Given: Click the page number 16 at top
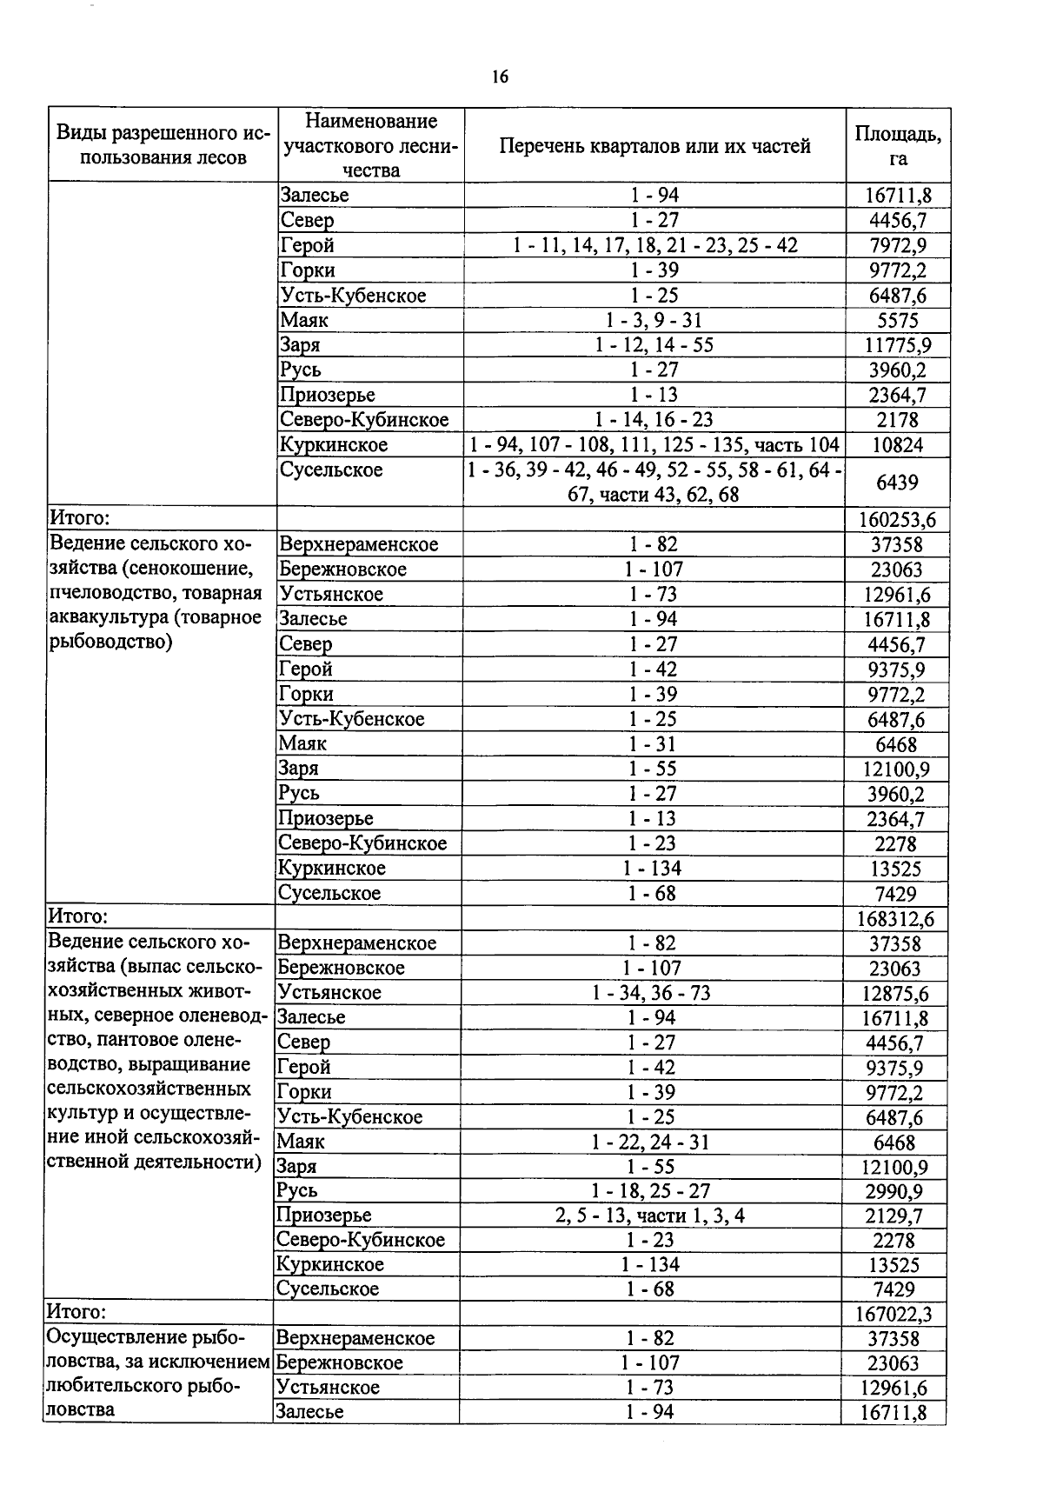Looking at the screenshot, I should click(499, 77).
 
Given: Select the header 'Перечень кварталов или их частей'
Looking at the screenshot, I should click(655, 146).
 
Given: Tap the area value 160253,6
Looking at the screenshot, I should click(897, 520).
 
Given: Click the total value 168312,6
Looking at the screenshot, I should click(896, 918).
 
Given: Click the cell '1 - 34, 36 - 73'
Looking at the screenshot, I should click(651, 992).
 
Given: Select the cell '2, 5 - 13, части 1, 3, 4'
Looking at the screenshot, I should click(650, 1215).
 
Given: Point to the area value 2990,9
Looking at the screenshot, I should click(895, 1191).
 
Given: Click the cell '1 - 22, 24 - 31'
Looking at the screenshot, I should click(650, 1142).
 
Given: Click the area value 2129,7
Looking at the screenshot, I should click(895, 1216).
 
